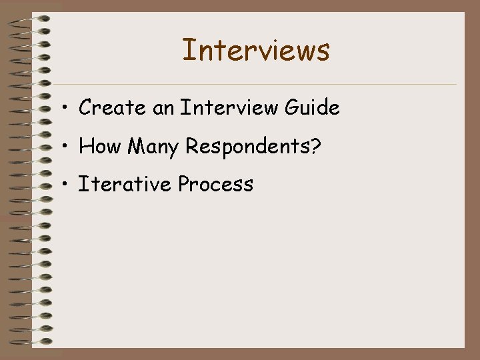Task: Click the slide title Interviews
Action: pos(256,50)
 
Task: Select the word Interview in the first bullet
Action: pos(231,107)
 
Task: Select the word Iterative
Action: pos(125,184)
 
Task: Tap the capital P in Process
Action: pos(184,184)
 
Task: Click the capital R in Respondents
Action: pos(191,146)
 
